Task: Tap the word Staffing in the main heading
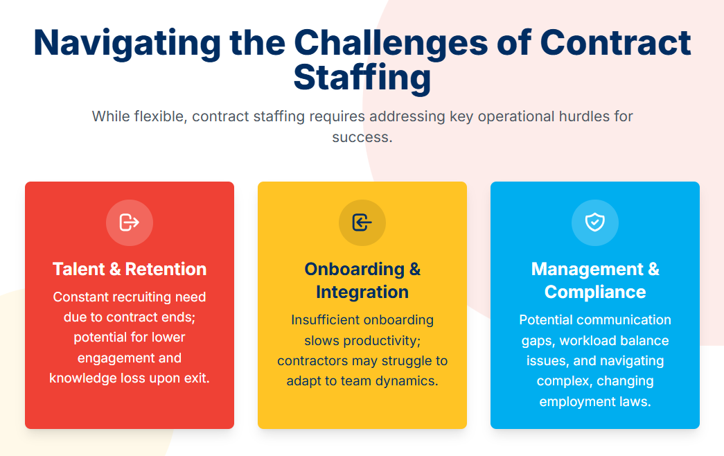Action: pyautogui.click(x=362, y=78)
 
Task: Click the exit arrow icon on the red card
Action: pyautogui.click(x=130, y=222)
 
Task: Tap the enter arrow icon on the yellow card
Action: pyautogui.click(x=362, y=222)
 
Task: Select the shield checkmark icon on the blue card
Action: pyautogui.click(x=594, y=222)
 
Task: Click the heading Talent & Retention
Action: pyautogui.click(x=130, y=269)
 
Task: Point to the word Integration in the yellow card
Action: pyautogui.click(x=362, y=292)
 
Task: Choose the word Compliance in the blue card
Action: pyautogui.click(x=594, y=292)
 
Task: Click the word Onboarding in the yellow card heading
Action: pyautogui.click(x=355, y=270)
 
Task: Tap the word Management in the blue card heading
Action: pyautogui.click(x=588, y=270)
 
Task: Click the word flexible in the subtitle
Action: pyautogui.click(x=159, y=116)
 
